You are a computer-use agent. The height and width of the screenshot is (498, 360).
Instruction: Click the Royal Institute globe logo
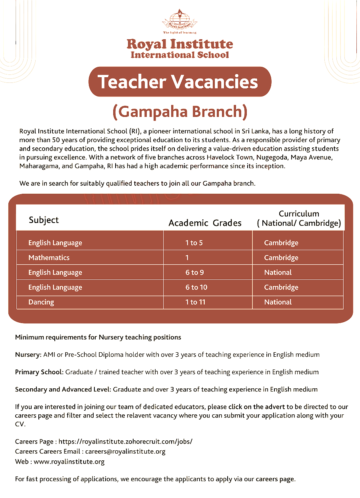180,20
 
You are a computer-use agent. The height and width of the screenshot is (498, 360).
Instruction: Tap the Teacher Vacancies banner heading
180,82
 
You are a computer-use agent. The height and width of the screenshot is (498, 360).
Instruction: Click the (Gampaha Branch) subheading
180,112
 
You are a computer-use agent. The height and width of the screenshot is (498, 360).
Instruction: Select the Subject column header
44,220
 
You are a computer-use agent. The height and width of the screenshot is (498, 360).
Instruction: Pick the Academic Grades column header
205,223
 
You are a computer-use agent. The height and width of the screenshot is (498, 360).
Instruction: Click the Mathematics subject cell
49,257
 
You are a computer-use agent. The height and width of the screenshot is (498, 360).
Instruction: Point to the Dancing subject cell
41,302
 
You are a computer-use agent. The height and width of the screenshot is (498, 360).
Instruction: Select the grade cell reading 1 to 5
194,243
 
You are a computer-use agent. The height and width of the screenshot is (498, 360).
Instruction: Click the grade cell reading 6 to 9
195,272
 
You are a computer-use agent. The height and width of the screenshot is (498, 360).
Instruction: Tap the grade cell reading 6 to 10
196,287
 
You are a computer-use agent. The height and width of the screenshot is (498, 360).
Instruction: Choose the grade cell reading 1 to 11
195,302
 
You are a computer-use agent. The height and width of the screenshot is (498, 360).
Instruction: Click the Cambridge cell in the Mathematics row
281,257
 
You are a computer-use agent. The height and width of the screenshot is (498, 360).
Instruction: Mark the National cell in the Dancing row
278,302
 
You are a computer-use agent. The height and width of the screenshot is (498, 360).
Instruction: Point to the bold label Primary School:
39,372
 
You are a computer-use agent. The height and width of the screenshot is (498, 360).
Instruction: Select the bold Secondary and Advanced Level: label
63,389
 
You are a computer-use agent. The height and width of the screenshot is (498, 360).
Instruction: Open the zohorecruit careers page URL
126,442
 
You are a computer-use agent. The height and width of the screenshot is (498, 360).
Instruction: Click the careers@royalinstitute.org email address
125,451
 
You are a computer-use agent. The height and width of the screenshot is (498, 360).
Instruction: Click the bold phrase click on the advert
256,407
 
